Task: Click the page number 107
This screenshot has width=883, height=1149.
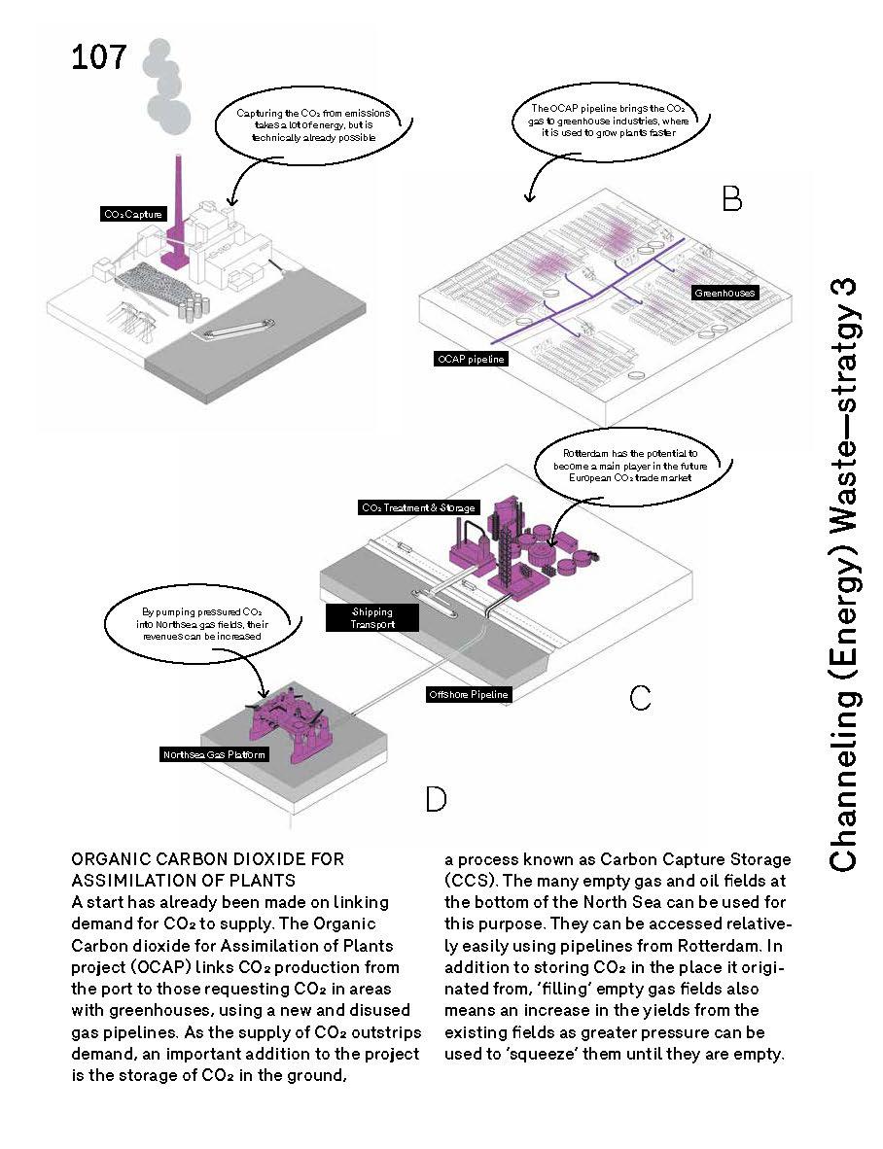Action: pos(99,58)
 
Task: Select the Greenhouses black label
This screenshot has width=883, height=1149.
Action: pos(724,292)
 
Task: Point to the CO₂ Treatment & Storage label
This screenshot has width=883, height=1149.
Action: pos(418,507)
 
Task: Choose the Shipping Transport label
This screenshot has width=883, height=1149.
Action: pos(372,618)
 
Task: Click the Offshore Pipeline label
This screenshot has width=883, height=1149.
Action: pos(469,694)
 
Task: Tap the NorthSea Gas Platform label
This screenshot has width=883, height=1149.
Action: pos(214,754)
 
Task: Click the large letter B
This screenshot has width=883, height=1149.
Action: pos(731,199)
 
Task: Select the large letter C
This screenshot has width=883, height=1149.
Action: pos(640,698)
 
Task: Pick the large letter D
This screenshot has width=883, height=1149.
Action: pos(436,799)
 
